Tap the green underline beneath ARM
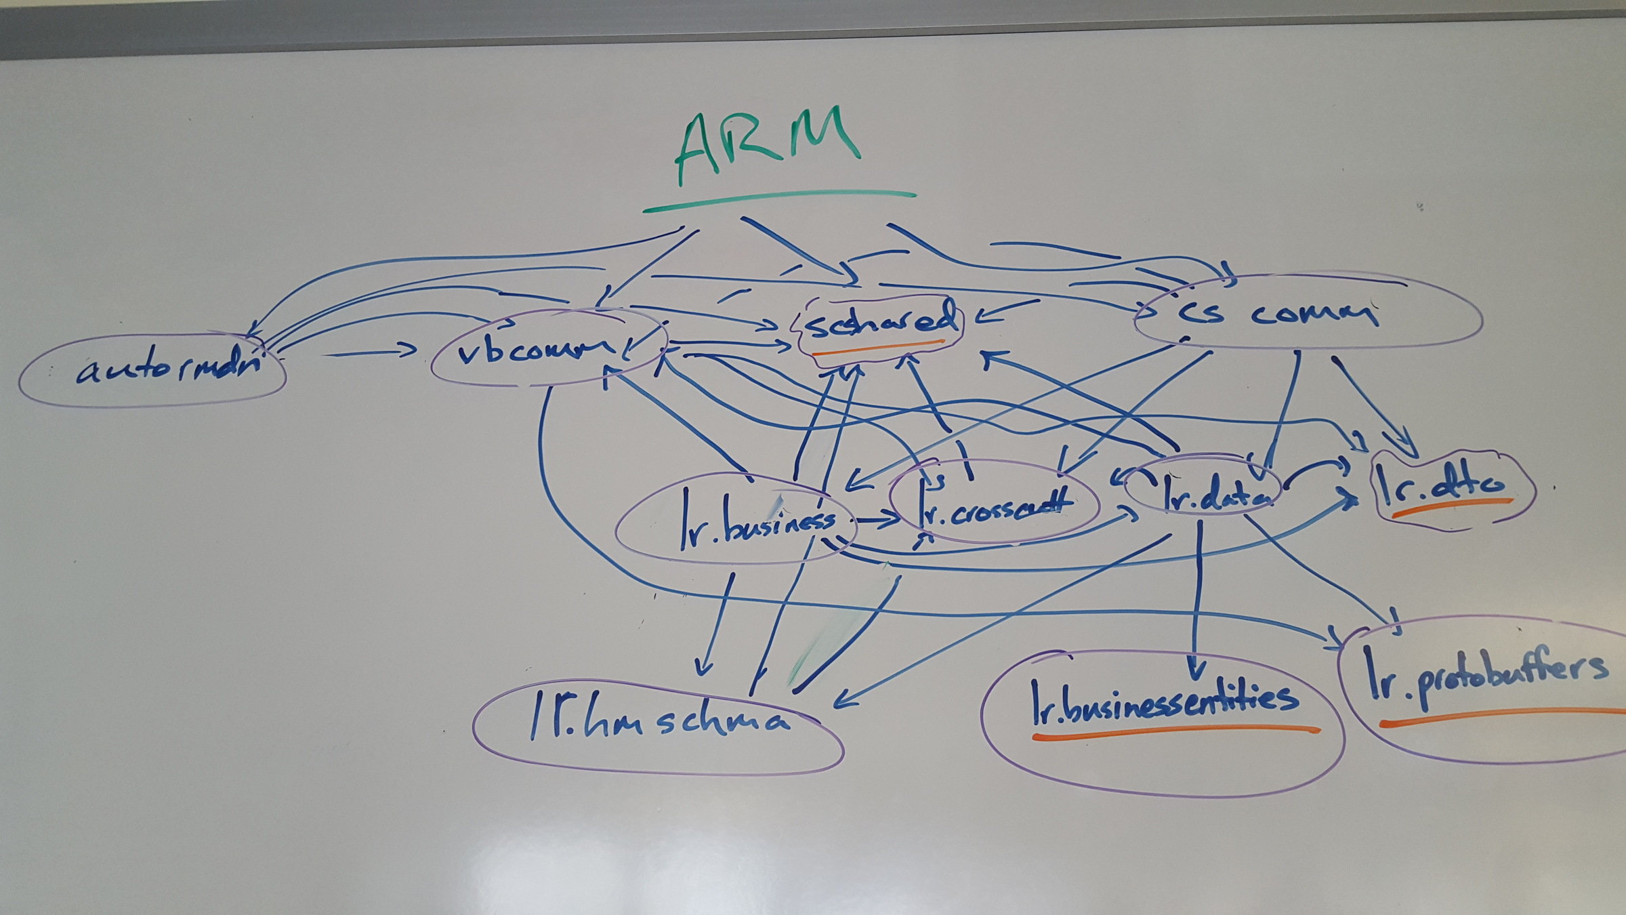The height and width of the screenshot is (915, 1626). [779, 200]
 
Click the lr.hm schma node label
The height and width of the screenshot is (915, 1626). [657, 720]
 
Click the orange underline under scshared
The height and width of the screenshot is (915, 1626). [881, 347]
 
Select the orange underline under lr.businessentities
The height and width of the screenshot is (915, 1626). [1175, 731]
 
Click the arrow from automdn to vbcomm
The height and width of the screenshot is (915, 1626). [373, 352]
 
